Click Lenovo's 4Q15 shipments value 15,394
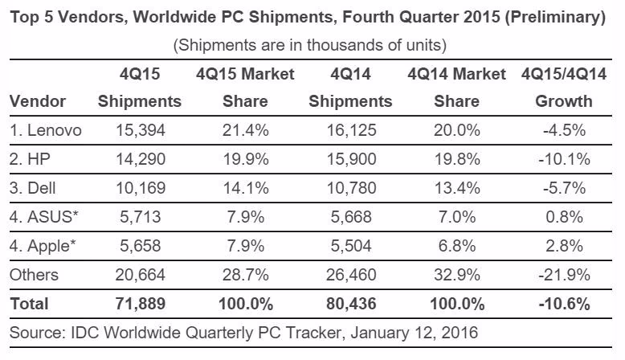click(x=141, y=130)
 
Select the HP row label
click(x=30, y=159)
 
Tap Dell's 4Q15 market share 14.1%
click(x=246, y=188)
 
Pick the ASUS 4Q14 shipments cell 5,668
click(x=351, y=217)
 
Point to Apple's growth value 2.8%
click(x=565, y=246)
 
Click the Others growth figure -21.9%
click(x=564, y=275)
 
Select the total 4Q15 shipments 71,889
click(x=141, y=304)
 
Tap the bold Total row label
click(x=29, y=304)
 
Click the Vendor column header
click(x=38, y=101)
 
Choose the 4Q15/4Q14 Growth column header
click(x=564, y=88)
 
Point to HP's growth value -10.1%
click(x=564, y=159)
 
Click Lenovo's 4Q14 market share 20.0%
click(x=457, y=130)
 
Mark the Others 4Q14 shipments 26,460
click(x=351, y=275)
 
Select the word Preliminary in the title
click(x=555, y=17)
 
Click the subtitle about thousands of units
click(x=310, y=45)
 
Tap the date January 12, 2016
click(x=414, y=333)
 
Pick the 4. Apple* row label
click(x=43, y=246)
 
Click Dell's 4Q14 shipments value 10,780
click(x=351, y=188)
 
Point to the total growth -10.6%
click(x=564, y=304)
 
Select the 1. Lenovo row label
click(x=46, y=130)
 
